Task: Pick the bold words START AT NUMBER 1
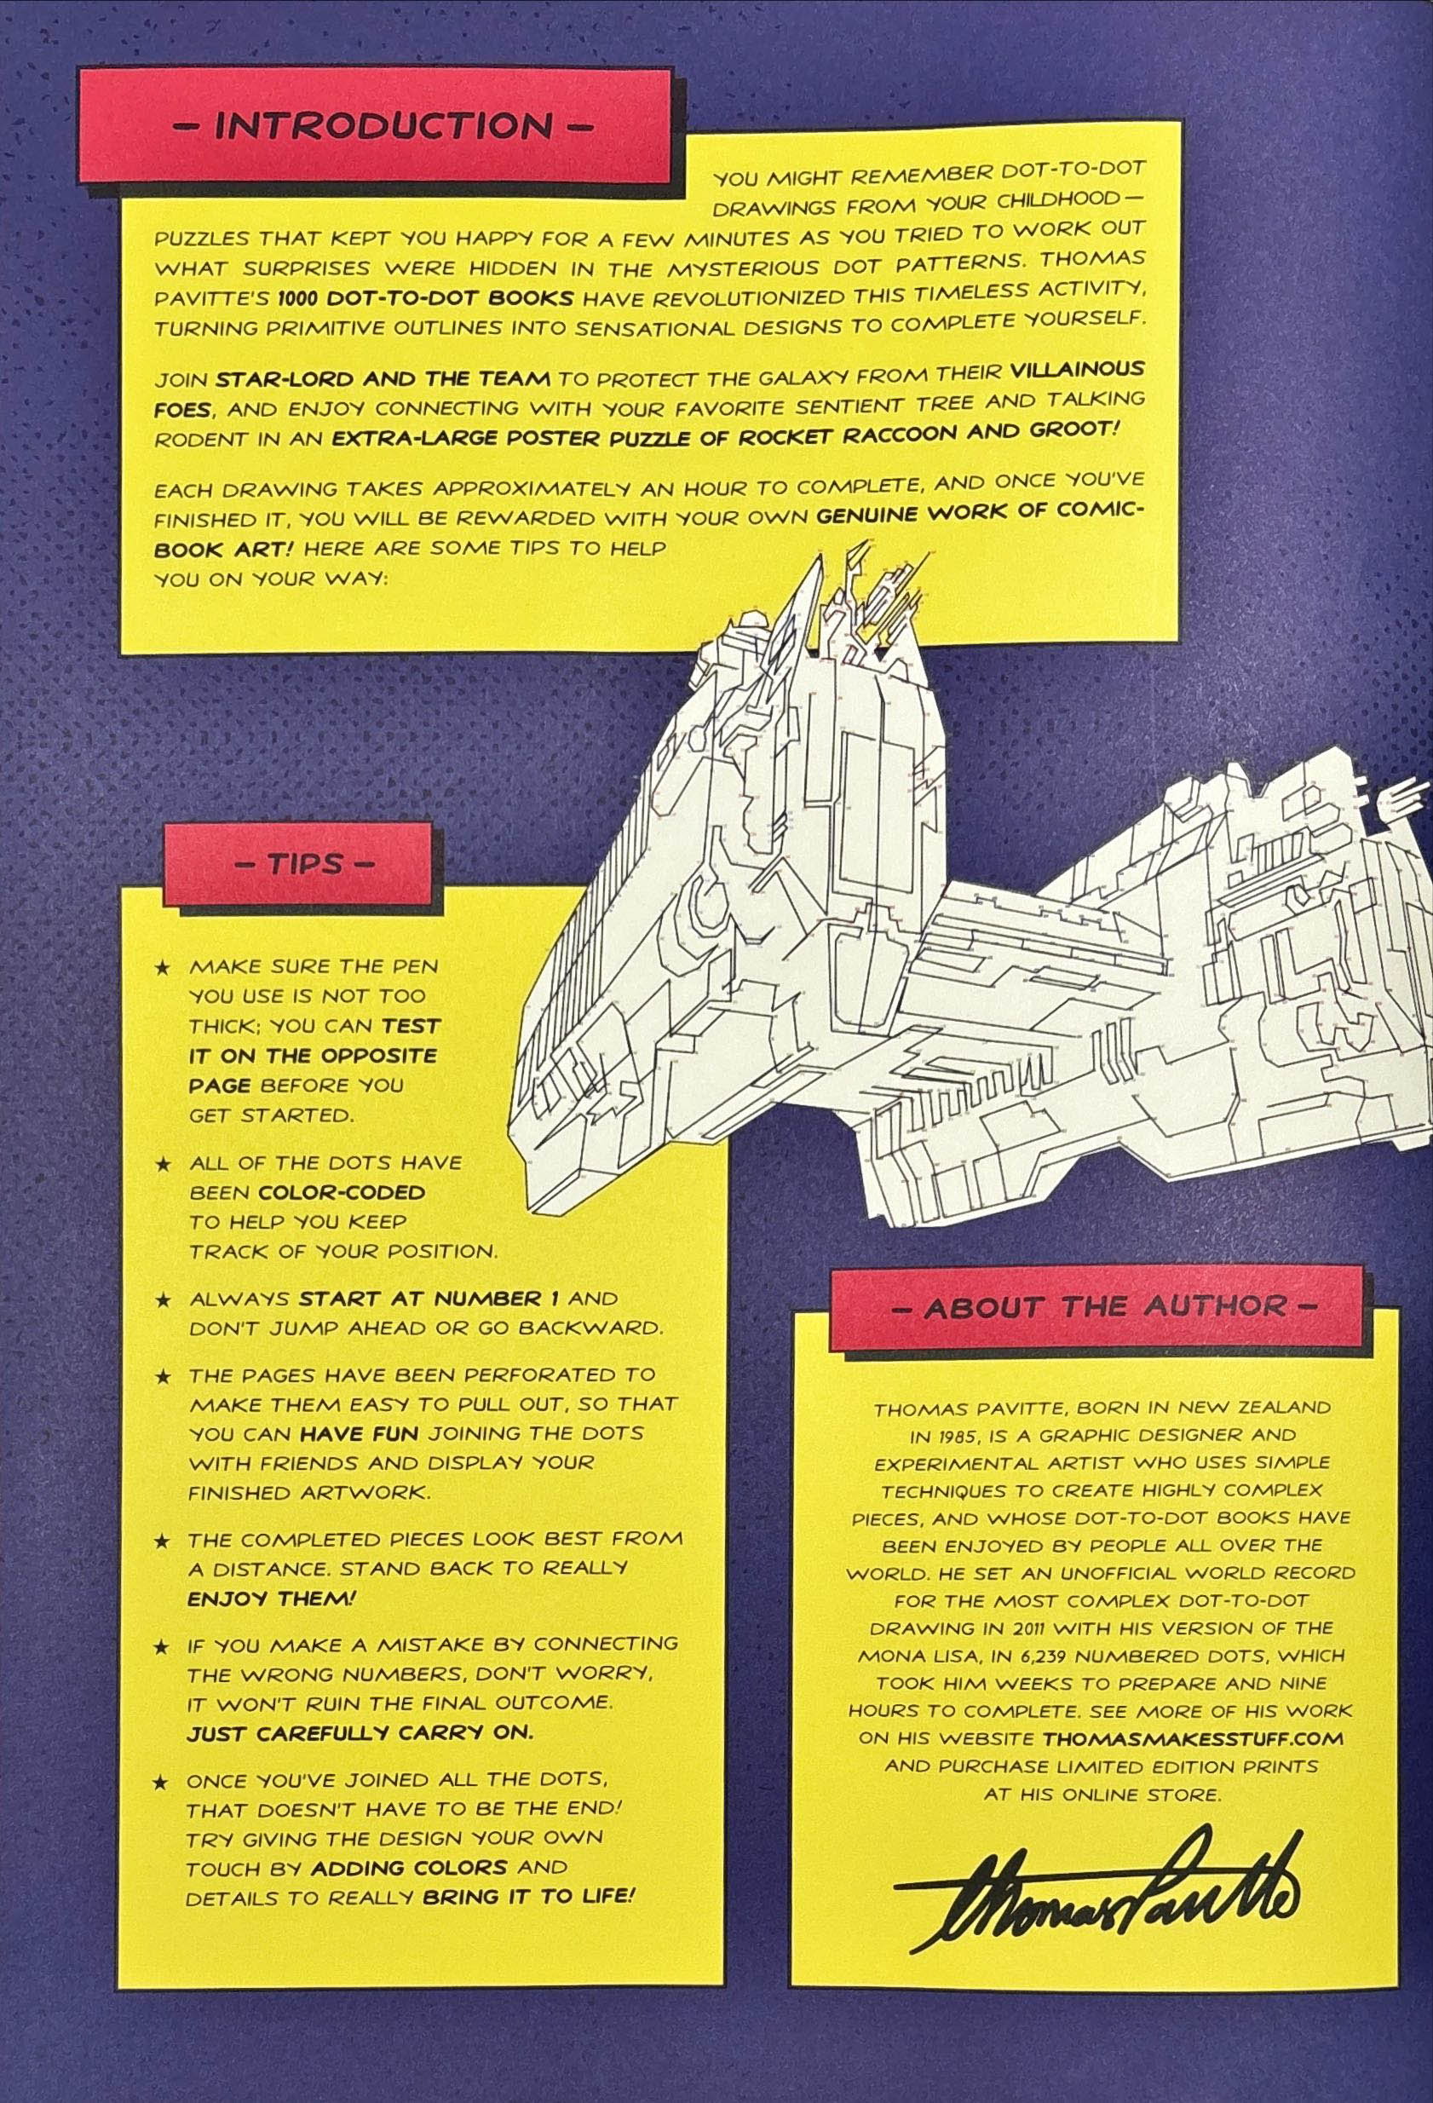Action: [x=429, y=1299]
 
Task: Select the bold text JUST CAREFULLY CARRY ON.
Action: [x=360, y=1733]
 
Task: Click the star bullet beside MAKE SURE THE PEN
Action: [x=163, y=968]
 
